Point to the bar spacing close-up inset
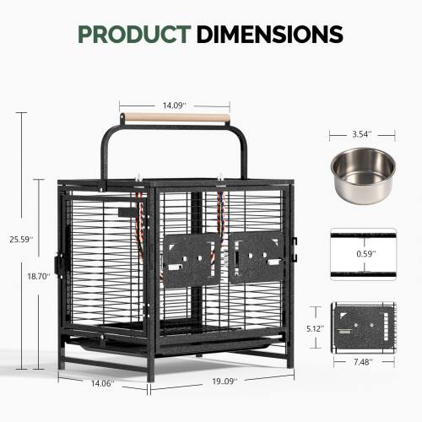[x=361, y=251]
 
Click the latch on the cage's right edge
[x=295, y=245]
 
